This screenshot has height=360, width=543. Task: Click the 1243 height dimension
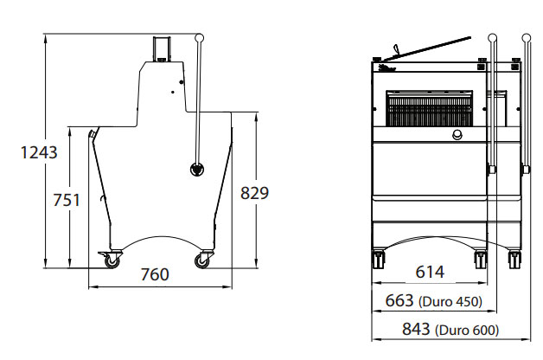(39, 152)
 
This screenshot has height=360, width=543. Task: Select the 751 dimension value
(66, 200)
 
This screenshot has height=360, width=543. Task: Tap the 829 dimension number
(254, 193)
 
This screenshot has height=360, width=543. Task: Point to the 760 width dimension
(155, 274)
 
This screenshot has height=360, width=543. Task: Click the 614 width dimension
(430, 272)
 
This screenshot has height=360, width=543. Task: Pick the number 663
(399, 300)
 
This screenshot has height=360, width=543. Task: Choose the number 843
(416, 329)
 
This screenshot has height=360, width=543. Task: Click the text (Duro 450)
(450, 302)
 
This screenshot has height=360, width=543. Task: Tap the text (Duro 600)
(467, 331)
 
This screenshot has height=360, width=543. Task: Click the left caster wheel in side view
(112, 260)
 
